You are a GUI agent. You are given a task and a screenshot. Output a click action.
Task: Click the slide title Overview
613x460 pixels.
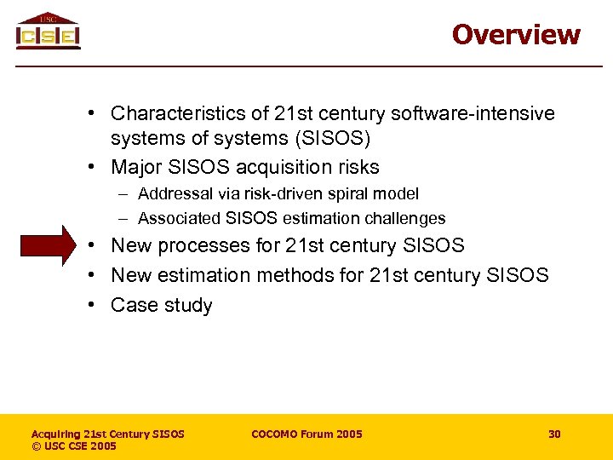[x=516, y=34]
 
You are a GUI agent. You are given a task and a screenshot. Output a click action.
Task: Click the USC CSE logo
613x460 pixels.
[x=49, y=32]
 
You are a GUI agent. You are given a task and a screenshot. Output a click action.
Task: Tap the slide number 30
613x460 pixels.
[x=554, y=434]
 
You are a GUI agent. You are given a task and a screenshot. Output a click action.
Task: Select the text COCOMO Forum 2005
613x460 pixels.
[x=306, y=434]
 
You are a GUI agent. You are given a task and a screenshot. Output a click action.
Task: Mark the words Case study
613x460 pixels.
[x=161, y=305]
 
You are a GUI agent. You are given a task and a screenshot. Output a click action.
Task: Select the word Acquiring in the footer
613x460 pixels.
[x=60, y=434]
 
